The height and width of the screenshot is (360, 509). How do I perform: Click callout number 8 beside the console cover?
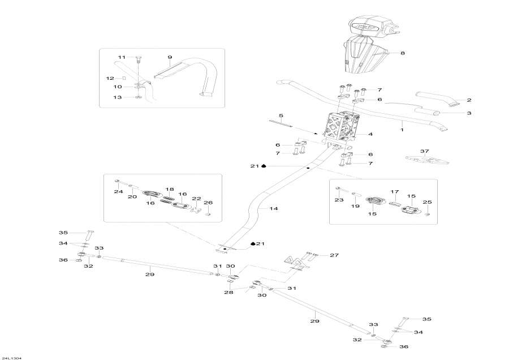403,53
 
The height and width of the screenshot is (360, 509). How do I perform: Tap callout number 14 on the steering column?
274,209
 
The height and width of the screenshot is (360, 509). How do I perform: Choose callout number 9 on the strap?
169,58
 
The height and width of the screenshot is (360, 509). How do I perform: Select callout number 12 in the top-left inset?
111,78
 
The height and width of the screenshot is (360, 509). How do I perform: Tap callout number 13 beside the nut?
118,97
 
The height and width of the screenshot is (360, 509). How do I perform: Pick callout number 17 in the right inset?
395,192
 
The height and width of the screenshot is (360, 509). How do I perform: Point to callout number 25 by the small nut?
427,202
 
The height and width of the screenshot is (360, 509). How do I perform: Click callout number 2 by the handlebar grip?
468,100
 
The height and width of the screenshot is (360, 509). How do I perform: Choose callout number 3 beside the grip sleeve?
468,113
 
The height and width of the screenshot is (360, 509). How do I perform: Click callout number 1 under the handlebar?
402,130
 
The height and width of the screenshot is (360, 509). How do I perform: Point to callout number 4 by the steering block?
370,135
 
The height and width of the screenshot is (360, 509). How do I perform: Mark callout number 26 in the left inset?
208,202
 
